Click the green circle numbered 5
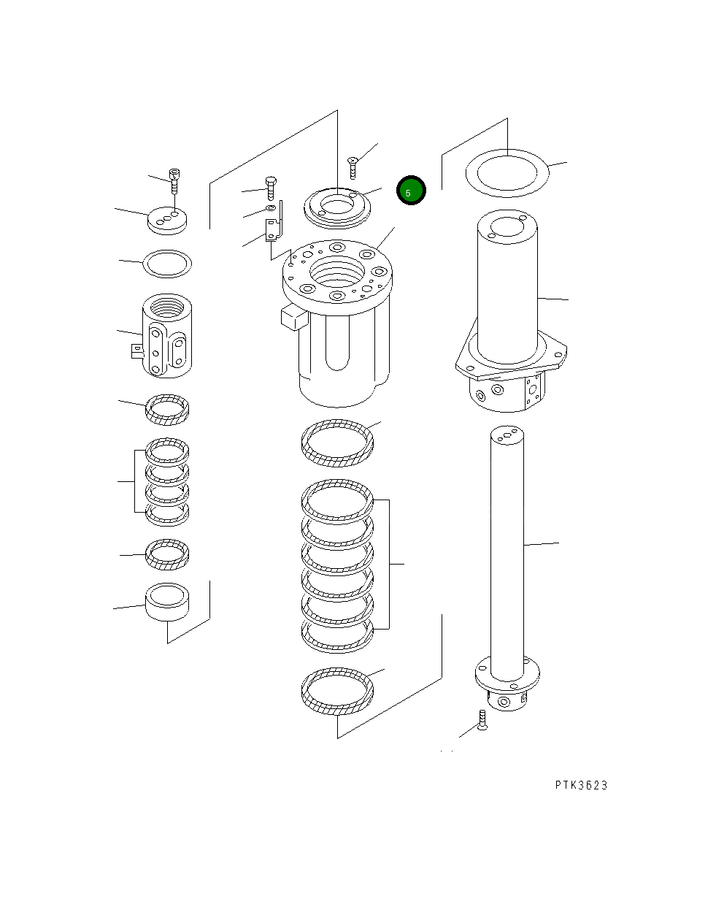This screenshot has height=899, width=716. click(411, 191)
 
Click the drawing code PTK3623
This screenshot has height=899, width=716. click(580, 785)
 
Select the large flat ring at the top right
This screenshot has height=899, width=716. click(507, 174)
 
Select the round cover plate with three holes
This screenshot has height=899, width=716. click(167, 220)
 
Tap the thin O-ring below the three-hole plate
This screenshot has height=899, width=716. click(167, 264)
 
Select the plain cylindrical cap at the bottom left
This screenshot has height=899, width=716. click(168, 601)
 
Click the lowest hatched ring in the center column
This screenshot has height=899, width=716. click(337, 691)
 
